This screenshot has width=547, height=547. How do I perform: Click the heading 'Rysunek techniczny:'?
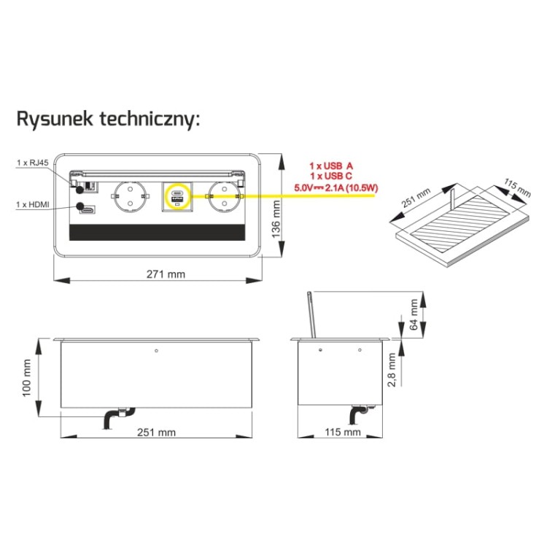point(108,120)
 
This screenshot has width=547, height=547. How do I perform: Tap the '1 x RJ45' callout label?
point(33,163)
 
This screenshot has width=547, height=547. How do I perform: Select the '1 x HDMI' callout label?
point(33,204)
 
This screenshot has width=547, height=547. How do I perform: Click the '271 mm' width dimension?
point(166,274)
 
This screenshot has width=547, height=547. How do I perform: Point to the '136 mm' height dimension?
point(276,219)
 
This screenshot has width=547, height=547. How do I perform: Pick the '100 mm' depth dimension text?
point(27,378)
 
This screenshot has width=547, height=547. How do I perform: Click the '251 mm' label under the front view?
point(156,432)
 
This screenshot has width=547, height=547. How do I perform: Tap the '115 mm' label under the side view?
point(343,432)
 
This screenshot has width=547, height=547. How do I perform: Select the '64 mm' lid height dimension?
point(414,314)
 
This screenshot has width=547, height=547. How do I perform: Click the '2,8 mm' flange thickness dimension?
point(392,370)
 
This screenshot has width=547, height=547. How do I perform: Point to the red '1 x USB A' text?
point(331,166)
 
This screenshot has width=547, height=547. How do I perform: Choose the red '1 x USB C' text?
point(331,176)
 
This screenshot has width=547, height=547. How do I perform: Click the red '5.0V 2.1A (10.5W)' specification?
point(336,188)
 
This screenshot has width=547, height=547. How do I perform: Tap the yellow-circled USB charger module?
point(178,196)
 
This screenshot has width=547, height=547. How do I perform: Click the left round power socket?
point(130,197)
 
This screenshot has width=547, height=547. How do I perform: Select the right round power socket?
point(225,197)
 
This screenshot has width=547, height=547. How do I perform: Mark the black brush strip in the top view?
point(157,233)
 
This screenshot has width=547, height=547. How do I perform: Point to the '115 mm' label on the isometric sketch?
point(516,187)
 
